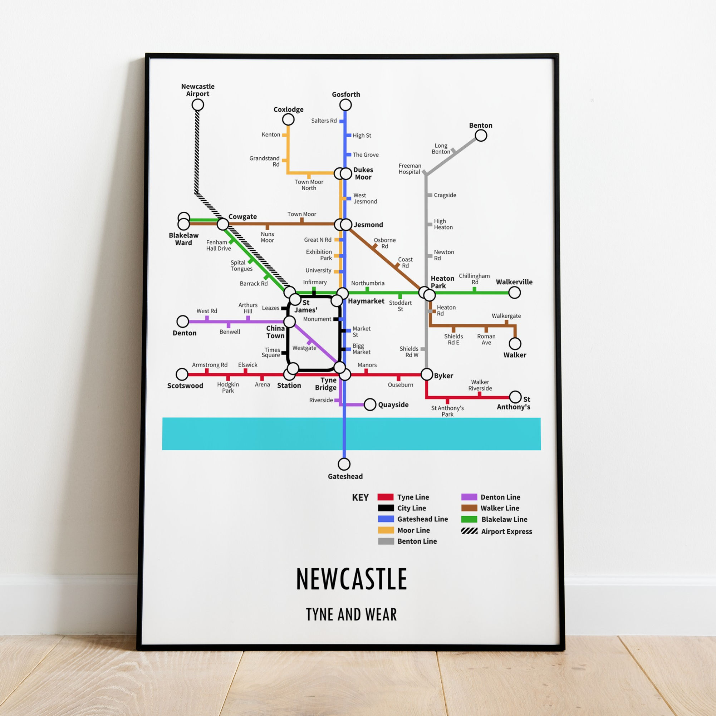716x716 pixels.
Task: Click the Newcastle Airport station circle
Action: pos(197,105)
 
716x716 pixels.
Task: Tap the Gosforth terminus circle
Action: pos(345,105)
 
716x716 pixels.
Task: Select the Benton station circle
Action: pos(481,136)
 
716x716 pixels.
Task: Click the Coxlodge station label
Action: pos(288,109)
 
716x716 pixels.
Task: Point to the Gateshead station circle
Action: pos(344,464)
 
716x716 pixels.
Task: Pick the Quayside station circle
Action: pos(370,404)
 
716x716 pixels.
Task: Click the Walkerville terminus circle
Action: pos(514,293)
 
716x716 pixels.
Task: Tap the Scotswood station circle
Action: pos(182,374)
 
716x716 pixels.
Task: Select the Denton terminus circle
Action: pos(183,321)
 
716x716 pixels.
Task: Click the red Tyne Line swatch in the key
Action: pos(386,497)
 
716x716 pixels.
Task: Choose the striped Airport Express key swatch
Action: pos(469,531)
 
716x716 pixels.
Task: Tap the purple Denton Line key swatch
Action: pos(469,497)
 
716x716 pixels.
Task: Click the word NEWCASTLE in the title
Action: pos(351,579)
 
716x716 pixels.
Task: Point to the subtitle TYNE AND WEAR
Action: pos(351,614)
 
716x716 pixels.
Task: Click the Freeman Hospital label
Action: pos(410,168)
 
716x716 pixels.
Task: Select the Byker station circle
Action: pos(427,374)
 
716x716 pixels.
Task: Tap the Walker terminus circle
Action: pos(515,344)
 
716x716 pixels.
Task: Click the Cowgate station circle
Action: pos(223,224)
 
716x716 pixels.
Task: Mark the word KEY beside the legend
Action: pos(360,497)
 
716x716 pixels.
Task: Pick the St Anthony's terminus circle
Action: pos(515,397)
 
